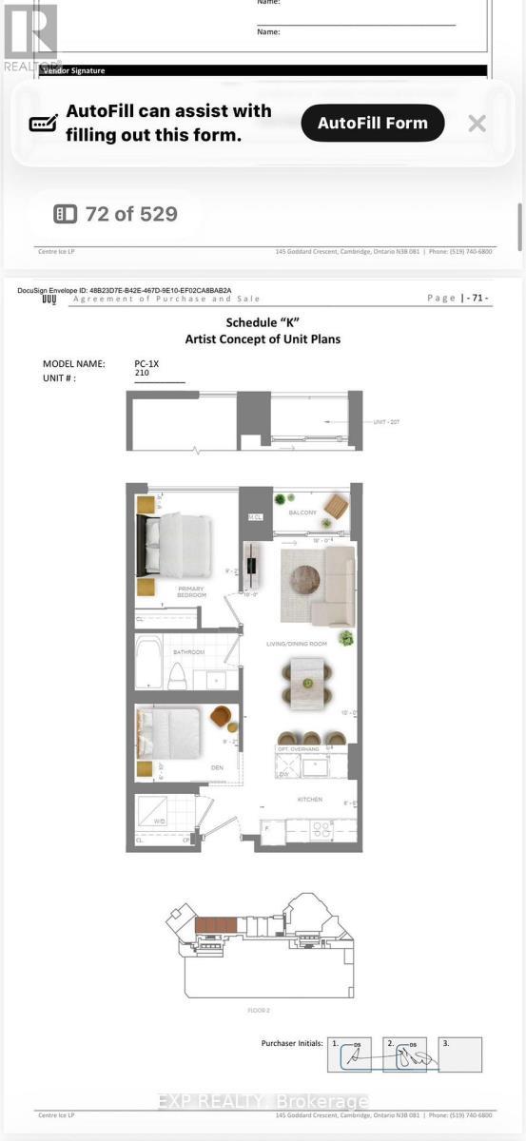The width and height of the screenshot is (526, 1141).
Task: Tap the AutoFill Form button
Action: pos(373,123)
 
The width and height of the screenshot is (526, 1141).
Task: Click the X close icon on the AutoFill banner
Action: pos(477,123)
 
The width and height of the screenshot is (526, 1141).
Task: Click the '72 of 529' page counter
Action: pos(116,214)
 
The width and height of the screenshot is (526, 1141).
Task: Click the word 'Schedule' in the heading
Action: pos(250,323)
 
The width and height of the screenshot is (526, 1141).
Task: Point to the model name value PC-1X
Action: pos(146,363)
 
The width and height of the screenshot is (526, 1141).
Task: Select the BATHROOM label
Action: pos(188,652)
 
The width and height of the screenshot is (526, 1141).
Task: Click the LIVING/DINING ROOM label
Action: pos(297,644)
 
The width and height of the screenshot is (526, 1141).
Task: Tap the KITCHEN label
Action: pos(309,800)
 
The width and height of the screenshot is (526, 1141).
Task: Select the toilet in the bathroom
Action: pos(176,675)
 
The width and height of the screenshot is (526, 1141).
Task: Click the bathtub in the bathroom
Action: pos(150,662)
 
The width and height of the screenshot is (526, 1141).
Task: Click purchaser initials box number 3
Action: pos(460,1054)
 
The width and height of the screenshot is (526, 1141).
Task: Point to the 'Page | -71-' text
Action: pos(458,299)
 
